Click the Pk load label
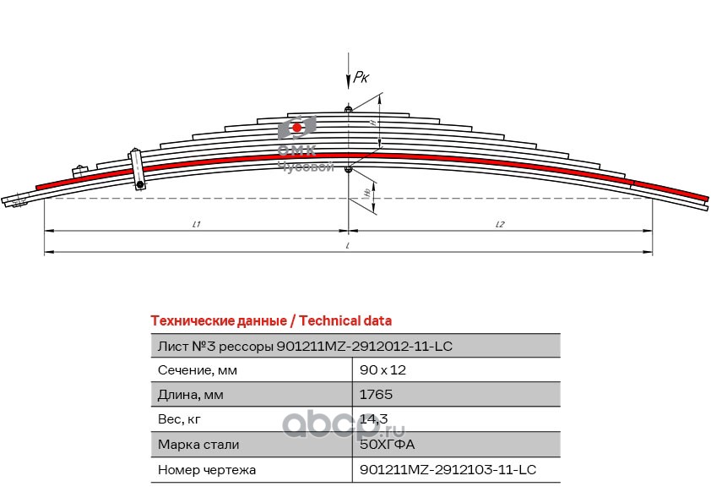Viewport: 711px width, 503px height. coord(361,77)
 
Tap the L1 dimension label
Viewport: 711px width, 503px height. coord(196,224)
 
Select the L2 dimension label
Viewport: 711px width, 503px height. coord(500,224)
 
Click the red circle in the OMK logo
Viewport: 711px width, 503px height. coord(296,128)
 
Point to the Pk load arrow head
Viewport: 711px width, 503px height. coord(348,84)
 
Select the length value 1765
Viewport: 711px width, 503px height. coord(376,395)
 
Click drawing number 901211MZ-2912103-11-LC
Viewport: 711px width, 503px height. coord(448,469)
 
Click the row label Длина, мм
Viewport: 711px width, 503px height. coord(190,395)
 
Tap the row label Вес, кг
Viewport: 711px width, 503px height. coord(181,419)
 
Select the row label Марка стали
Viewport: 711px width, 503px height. coord(198,444)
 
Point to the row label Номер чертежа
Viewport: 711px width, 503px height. coord(207,469)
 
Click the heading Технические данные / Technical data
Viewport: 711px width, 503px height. coord(270,321)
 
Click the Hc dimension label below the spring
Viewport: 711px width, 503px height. coord(366,193)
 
